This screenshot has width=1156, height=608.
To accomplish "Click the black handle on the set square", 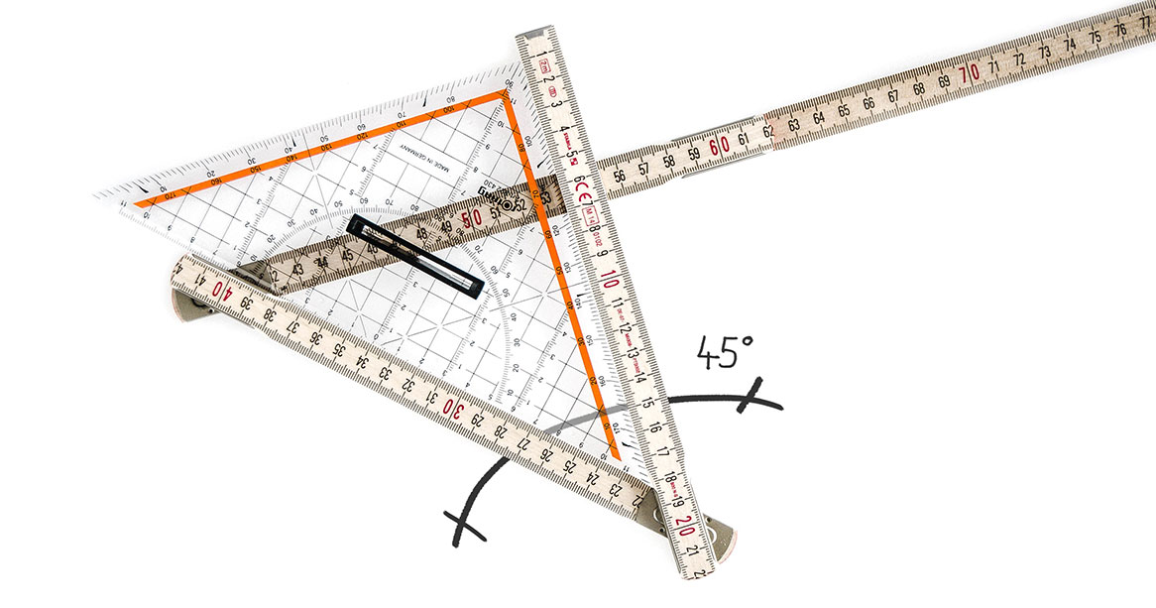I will click(x=416, y=256).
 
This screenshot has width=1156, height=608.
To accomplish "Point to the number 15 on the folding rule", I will click(x=647, y=403).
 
